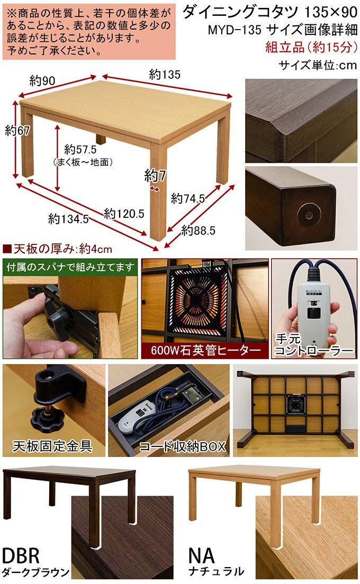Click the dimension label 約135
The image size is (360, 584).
coord(165,75)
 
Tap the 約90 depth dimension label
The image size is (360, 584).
coord(42,80)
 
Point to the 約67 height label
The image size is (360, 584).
coord(17,130)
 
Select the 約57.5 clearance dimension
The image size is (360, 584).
coord(80,149)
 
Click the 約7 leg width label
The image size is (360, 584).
coord(155,175)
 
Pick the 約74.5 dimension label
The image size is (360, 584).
coord(188,198)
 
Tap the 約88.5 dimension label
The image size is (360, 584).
coord(198,231)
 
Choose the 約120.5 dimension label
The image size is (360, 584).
coord(124,213)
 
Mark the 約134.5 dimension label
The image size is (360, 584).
coord(69,218)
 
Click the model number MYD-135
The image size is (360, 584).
coord(235,30)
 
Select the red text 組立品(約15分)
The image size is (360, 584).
coord(311,47)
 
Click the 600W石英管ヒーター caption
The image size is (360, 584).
coord(206,350)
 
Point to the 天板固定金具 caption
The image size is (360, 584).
coord(52,445)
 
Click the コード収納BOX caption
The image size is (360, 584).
coord(183,446)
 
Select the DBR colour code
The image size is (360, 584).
coord(21,556)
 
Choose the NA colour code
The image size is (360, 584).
coord(202,555)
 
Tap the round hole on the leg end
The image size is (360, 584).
coord(309,215)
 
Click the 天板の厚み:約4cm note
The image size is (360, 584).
coord(58,249)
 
